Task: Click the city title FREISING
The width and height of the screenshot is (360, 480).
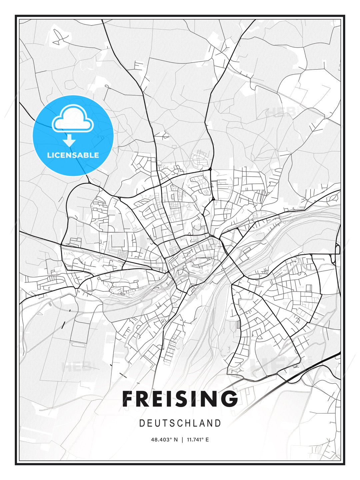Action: pos(180,399)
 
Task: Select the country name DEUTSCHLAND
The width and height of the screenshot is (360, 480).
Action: pos(180,423)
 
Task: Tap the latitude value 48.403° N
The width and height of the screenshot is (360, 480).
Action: pos(164,440)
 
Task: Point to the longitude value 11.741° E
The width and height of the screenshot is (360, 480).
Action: pos(198,440)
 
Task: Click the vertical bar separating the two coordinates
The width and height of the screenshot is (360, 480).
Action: pos(182,440)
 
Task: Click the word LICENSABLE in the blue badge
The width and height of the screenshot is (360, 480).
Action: pos(73,155)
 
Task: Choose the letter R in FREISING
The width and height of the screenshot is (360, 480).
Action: pos(144,399)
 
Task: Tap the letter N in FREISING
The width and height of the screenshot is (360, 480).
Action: pos(210,399)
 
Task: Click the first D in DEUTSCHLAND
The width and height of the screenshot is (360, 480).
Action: pos(142,423)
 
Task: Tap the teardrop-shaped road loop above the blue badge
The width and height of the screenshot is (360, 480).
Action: pos(107,86)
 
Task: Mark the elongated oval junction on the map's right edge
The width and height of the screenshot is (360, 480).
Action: pos(337,249)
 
